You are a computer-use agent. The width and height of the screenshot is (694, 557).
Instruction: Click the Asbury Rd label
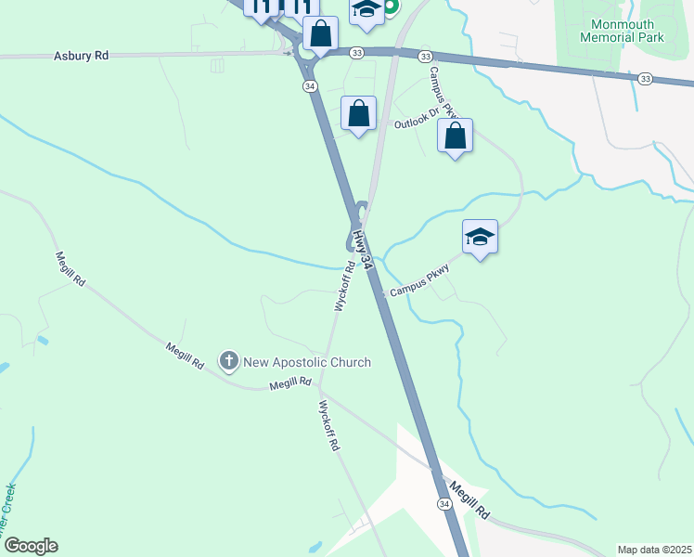click(82, 56)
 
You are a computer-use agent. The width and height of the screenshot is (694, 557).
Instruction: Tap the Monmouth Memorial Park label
click(622, 32)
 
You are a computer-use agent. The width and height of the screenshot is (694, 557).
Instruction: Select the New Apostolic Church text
click(306, 362)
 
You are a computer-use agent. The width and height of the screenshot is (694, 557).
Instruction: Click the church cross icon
click(228, 360)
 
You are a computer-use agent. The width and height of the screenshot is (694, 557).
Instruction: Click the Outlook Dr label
click(414, 123)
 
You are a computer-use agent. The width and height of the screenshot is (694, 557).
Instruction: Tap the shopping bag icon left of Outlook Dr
click(358, 115)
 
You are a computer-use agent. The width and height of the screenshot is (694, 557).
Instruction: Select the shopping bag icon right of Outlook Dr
click(455, 136)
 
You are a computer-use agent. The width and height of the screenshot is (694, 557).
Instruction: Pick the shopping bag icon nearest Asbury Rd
click(320, 33)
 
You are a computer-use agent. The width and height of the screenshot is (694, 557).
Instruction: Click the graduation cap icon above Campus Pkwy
click(480, 238)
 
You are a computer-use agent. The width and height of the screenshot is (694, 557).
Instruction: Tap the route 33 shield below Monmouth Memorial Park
click(645, 80)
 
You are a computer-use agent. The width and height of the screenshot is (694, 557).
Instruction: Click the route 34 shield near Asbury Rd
click(308, 85)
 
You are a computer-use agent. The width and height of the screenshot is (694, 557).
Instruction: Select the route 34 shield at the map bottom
click(444, 503)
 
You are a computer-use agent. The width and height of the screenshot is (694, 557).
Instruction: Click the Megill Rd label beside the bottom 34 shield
click(470, 499)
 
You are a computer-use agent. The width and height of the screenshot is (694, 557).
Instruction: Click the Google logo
click(31, 546)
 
